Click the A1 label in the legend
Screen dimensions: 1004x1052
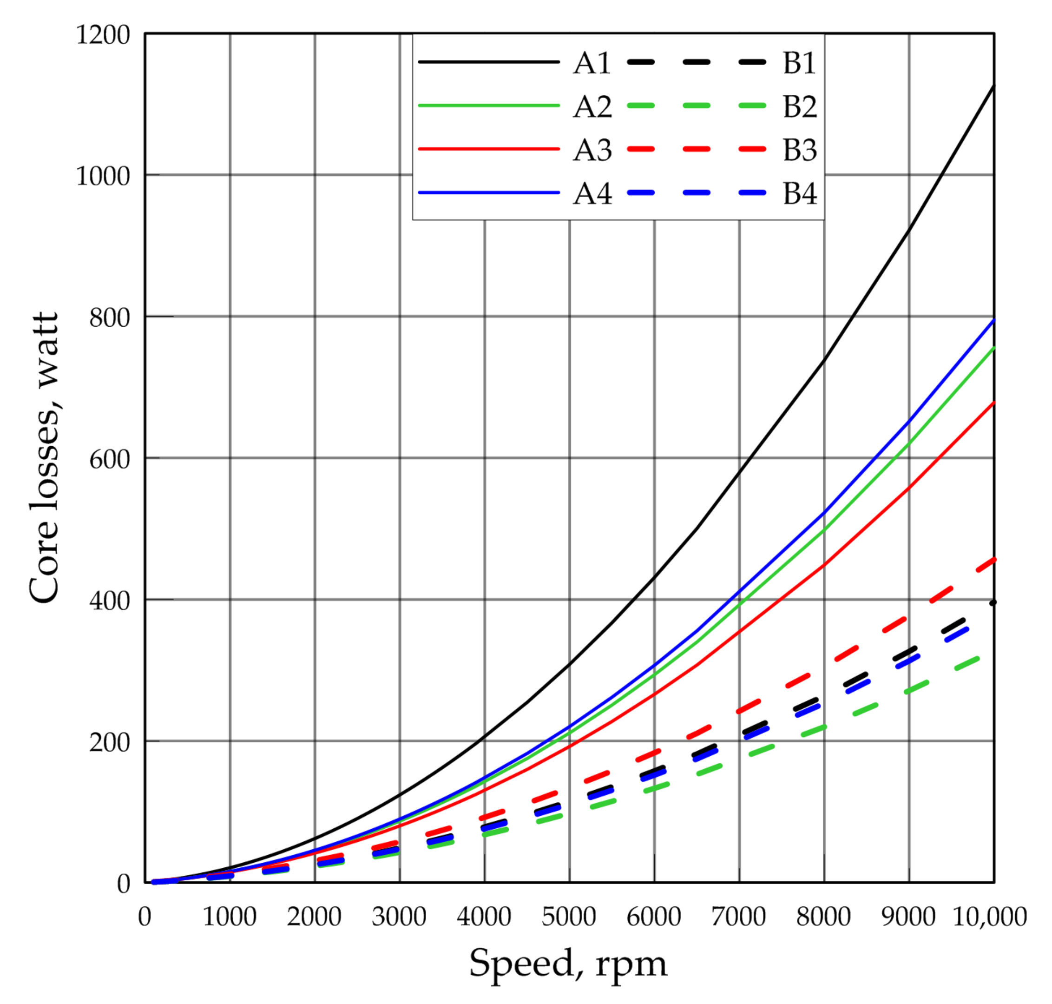click(x=592, y=63)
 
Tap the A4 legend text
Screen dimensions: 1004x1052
click(x=592, y=194)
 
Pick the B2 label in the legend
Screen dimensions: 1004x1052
click(x=799, y=106)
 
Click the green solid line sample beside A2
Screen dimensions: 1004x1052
click(x=488, y=106)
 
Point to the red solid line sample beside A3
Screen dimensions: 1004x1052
click(x=488, y=149)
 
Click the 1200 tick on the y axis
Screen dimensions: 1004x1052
click(x=103, y=35)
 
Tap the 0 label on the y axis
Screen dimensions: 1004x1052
click(x=124, y=884)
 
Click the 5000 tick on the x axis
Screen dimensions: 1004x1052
click(x=568, y=917)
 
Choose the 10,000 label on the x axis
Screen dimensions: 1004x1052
click(x=989, y=917)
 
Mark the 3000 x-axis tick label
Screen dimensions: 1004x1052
click(x=399, y=917)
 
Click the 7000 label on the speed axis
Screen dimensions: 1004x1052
click(x=738, y=917)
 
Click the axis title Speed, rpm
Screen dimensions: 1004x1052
click(x=568, y=963)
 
